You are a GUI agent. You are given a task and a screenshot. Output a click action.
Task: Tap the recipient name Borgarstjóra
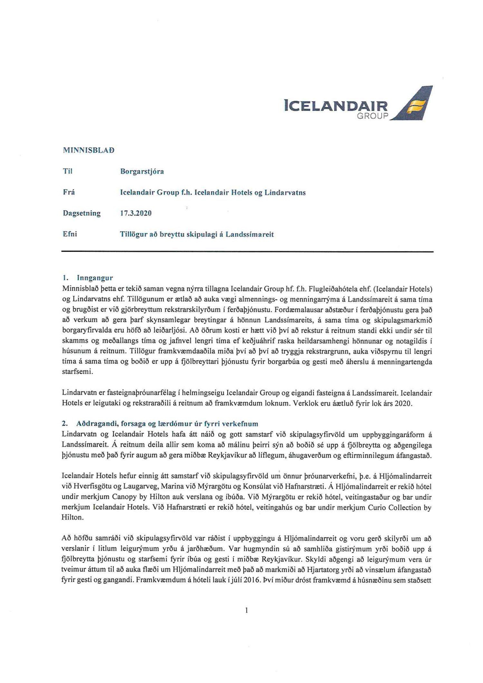(x=142, y=172)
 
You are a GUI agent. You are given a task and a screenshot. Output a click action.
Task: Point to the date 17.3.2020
(x=136, y=213)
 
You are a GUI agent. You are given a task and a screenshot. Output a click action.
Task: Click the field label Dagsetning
(x=81, y=213)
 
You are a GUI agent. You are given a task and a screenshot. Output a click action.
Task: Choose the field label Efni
(x=70, y=234)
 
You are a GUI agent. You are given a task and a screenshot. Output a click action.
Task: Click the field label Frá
(x=69, y=192)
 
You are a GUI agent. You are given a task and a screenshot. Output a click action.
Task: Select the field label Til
(x=68, y=172)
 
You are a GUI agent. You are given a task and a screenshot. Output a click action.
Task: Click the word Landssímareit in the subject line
(x=250, y=234)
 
